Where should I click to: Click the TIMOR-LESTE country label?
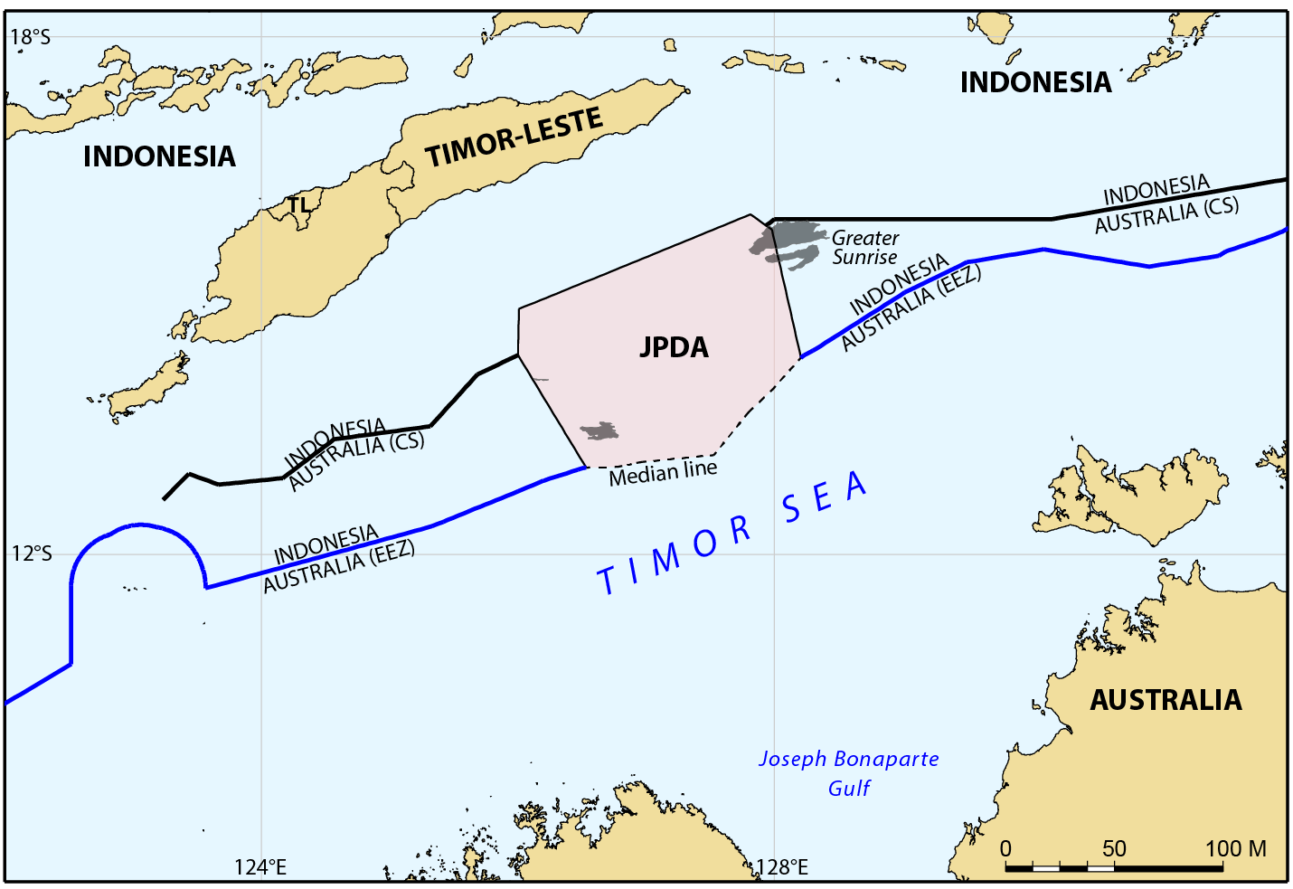click(x=514, y=137)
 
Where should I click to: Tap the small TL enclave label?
click(x=298, y=205)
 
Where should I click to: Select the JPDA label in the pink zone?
click(x=674, y=347)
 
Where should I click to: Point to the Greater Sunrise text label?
click(x=865, y=248)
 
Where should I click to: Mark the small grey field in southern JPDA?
click(x=599, y=431)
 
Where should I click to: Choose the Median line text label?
click(x=663, y=473)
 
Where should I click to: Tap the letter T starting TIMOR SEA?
click(x=608, y=580)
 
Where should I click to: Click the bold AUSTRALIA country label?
click(x=1166, y=700)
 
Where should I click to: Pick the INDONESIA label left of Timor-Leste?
click(x=159, y=156)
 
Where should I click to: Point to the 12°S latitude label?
click(x=32, y=553)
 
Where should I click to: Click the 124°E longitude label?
click(x=260, y=867)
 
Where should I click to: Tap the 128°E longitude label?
click(x=781, y=867)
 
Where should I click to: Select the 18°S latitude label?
click(x=30, y=36)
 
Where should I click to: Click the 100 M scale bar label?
click(x=1235, y=848)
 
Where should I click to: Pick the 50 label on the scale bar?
click(x=1114, y=848)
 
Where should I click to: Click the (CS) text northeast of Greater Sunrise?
click(x=1220, y=207)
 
